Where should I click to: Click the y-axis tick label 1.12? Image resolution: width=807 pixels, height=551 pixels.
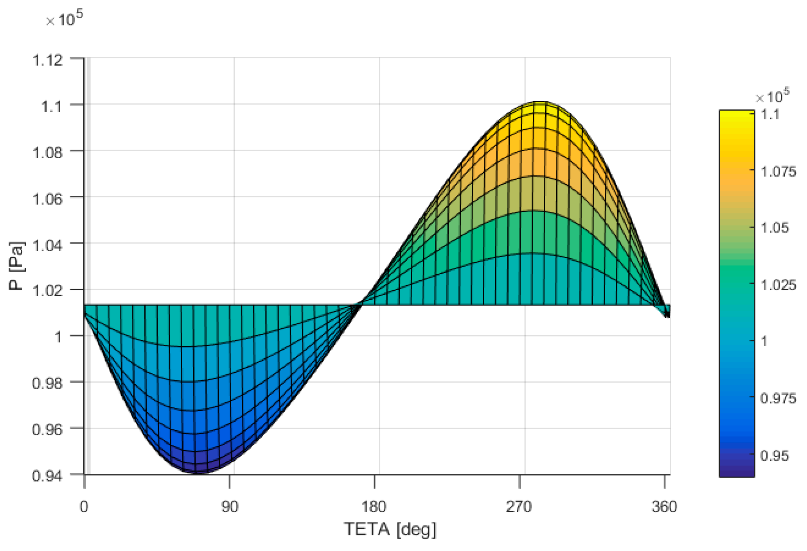tap(47, 60)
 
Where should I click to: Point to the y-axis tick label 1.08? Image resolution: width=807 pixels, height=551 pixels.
tap(47, 153)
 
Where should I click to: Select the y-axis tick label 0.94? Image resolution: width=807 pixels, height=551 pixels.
tap(47, 476)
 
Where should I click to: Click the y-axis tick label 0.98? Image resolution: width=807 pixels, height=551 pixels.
tap(47, 383)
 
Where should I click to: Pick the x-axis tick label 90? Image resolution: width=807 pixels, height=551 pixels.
tap(230, 507)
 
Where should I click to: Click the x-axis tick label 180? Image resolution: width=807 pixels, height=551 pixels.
tap(374, 507)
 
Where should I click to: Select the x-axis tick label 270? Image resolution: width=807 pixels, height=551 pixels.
tap(519, 507)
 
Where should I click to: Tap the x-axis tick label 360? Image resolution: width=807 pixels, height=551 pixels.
tap(664, 507)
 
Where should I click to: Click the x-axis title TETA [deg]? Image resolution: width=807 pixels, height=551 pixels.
tap(390, 530)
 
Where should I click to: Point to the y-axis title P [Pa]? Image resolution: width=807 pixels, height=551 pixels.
tap(16, 266)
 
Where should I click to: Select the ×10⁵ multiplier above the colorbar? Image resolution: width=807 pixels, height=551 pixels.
tap(772, 96)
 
